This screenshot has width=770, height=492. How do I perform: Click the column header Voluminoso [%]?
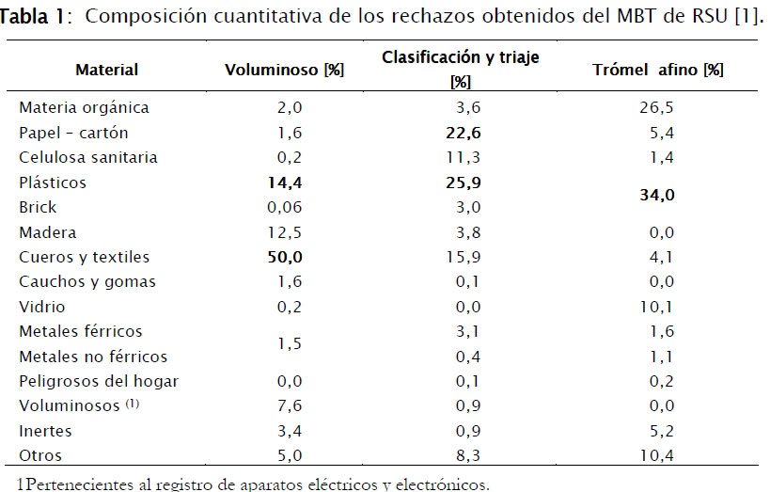coord(272,70)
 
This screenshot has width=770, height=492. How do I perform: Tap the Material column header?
coord(106,70)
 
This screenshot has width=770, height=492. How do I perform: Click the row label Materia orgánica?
coord(84,108)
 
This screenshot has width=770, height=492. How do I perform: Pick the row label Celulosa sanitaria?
coord(88,157)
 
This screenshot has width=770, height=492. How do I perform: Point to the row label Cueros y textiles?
coord(84,257)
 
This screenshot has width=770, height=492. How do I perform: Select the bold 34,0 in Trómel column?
coord(658,195)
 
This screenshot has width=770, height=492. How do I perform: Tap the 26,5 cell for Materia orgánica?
coord(656,108)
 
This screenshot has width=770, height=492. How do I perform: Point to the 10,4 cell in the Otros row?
coord(656,455)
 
